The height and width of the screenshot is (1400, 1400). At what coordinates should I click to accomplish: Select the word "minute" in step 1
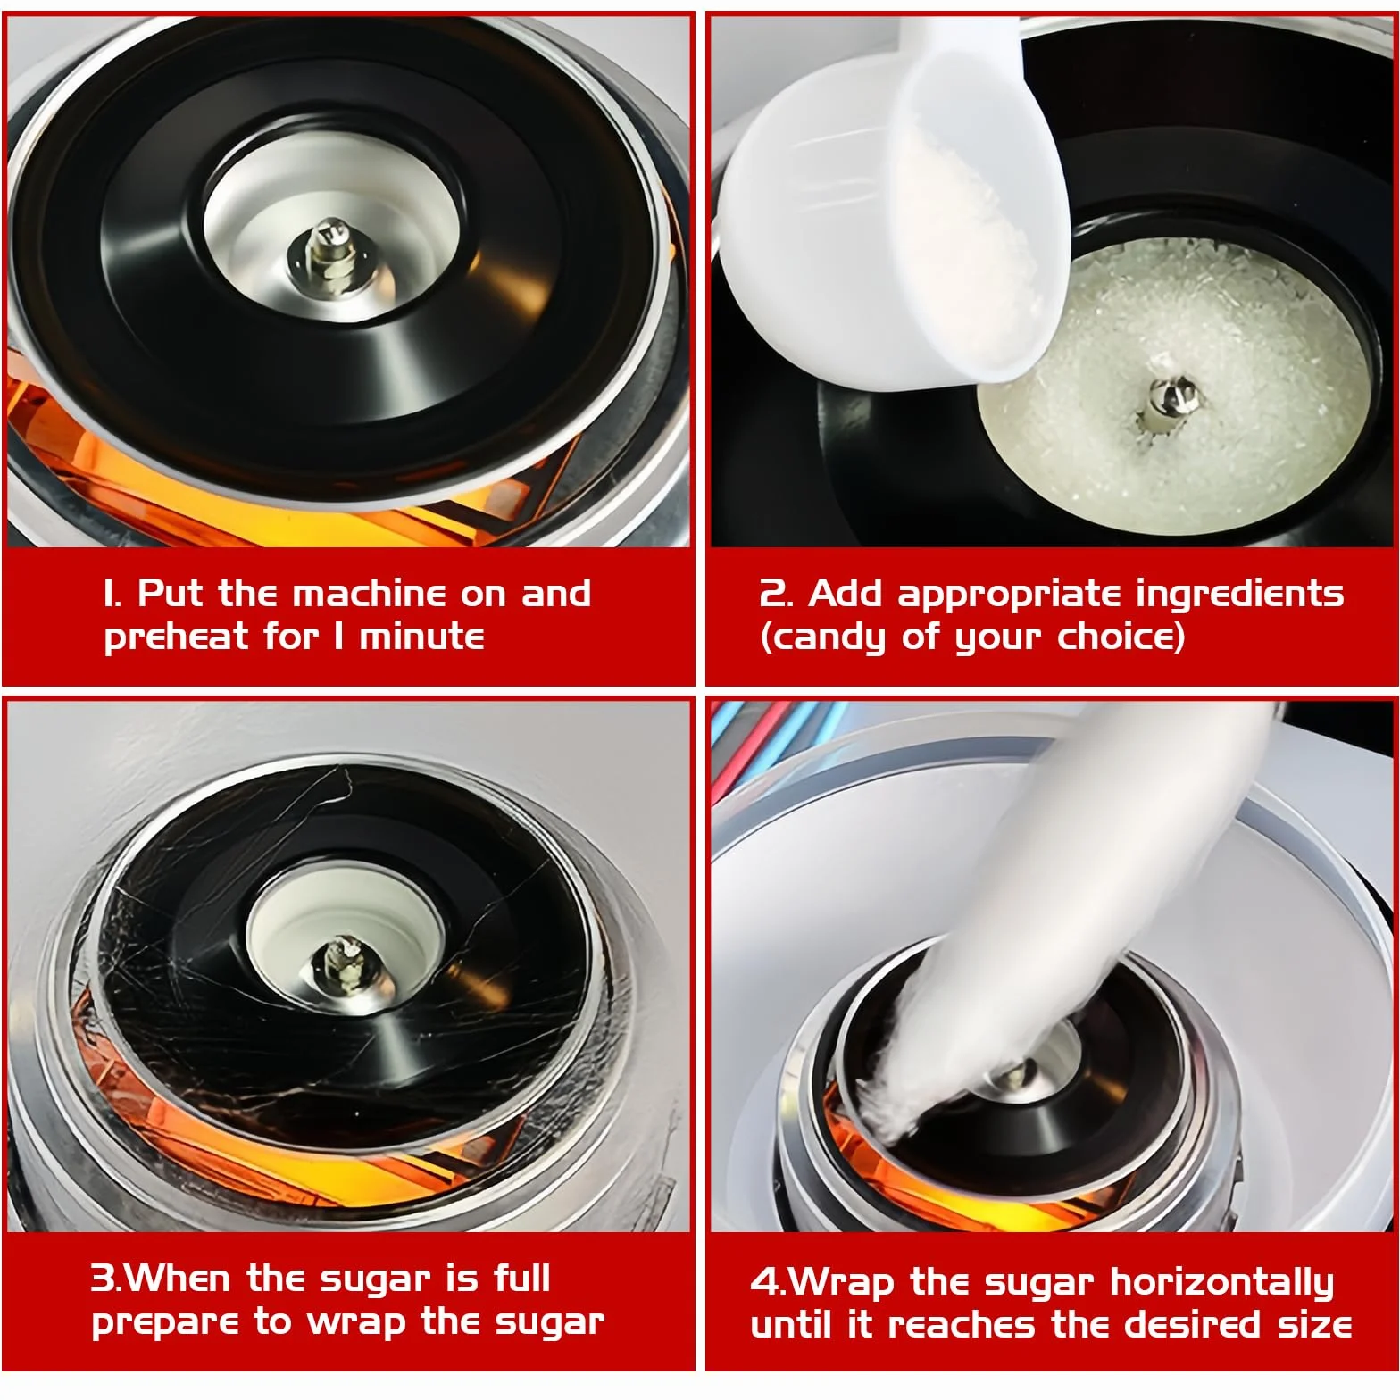click(x=421, y=637)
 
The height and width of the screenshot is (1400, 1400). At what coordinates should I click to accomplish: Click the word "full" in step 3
click(x=521, y=1279)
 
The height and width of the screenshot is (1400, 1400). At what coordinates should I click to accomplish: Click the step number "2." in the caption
click(x=776, y=595)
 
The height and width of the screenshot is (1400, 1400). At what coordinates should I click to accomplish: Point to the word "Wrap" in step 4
click(x=842, y=1284)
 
